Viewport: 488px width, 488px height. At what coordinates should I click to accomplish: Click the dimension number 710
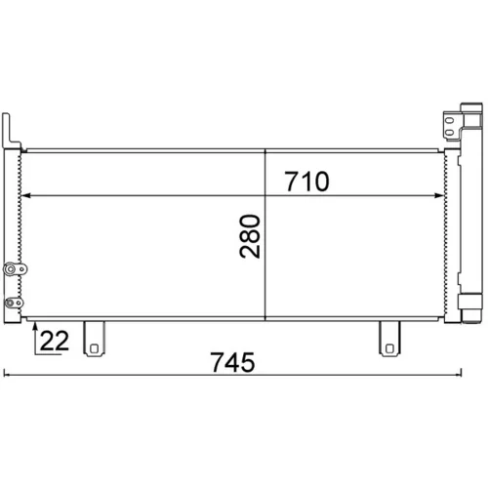306,182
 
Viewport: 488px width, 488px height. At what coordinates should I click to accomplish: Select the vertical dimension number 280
250,236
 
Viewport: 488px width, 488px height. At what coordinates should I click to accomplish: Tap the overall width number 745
232,362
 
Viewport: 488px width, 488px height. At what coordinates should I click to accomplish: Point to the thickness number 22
55,341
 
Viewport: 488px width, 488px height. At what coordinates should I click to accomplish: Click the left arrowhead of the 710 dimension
25,195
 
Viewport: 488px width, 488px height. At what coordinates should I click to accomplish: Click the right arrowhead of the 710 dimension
439,195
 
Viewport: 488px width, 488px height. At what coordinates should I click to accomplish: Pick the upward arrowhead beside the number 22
35,325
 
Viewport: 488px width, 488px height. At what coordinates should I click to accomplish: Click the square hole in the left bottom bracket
94,348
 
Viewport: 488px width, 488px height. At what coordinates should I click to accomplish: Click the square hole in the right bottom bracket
389,348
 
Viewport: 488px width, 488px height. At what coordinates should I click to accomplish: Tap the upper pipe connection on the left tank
15,269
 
